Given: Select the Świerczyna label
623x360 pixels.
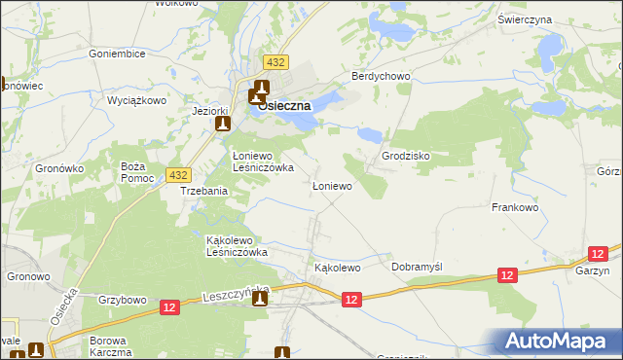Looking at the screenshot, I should [x=552, y=19].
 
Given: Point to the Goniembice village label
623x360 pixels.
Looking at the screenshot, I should [x=117, y=54].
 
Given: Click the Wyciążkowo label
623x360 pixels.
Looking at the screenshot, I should [x=137, y=100].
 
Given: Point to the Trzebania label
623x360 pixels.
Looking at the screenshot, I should [x=203, y=192].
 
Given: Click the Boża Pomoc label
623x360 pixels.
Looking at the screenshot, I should [x=132, y=173].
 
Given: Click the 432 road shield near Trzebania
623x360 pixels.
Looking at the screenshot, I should [x=177, y=174].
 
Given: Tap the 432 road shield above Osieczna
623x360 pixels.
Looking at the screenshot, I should [x=276, y=62].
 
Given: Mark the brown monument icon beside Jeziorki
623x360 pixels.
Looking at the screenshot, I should [x=223, y=124].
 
